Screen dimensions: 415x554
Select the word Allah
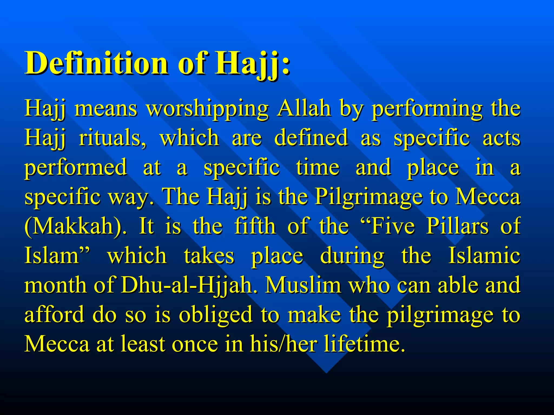pyautogui.click(x=304, y=108)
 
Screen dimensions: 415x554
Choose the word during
pyautogui.click(x=352, y=256)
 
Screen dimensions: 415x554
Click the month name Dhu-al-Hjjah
pyautogui.click(x=187, y=285)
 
